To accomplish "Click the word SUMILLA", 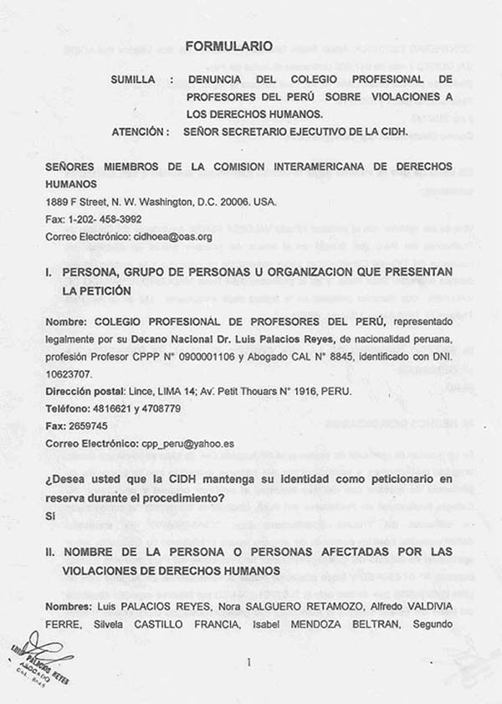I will tap(136, 80).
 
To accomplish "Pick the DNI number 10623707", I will tap(69, 373).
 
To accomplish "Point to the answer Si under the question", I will tap(51, 516).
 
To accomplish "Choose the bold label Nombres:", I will tap(69, 605).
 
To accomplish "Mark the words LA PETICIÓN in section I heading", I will tap(97, 290).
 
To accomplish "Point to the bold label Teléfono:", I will tap(68, 409).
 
